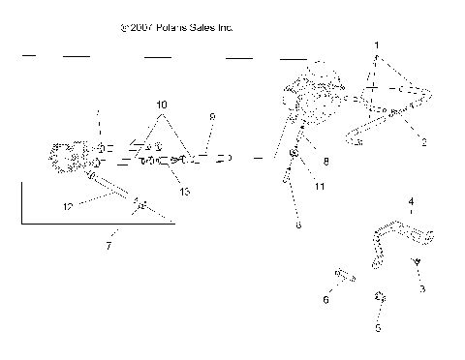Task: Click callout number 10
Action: (161, 103)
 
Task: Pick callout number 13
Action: (184, 192)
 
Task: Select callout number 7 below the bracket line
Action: (108, 247)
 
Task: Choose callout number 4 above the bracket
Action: (410, 201)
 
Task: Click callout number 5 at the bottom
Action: (379, 328)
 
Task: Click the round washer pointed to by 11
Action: (294, 154)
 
